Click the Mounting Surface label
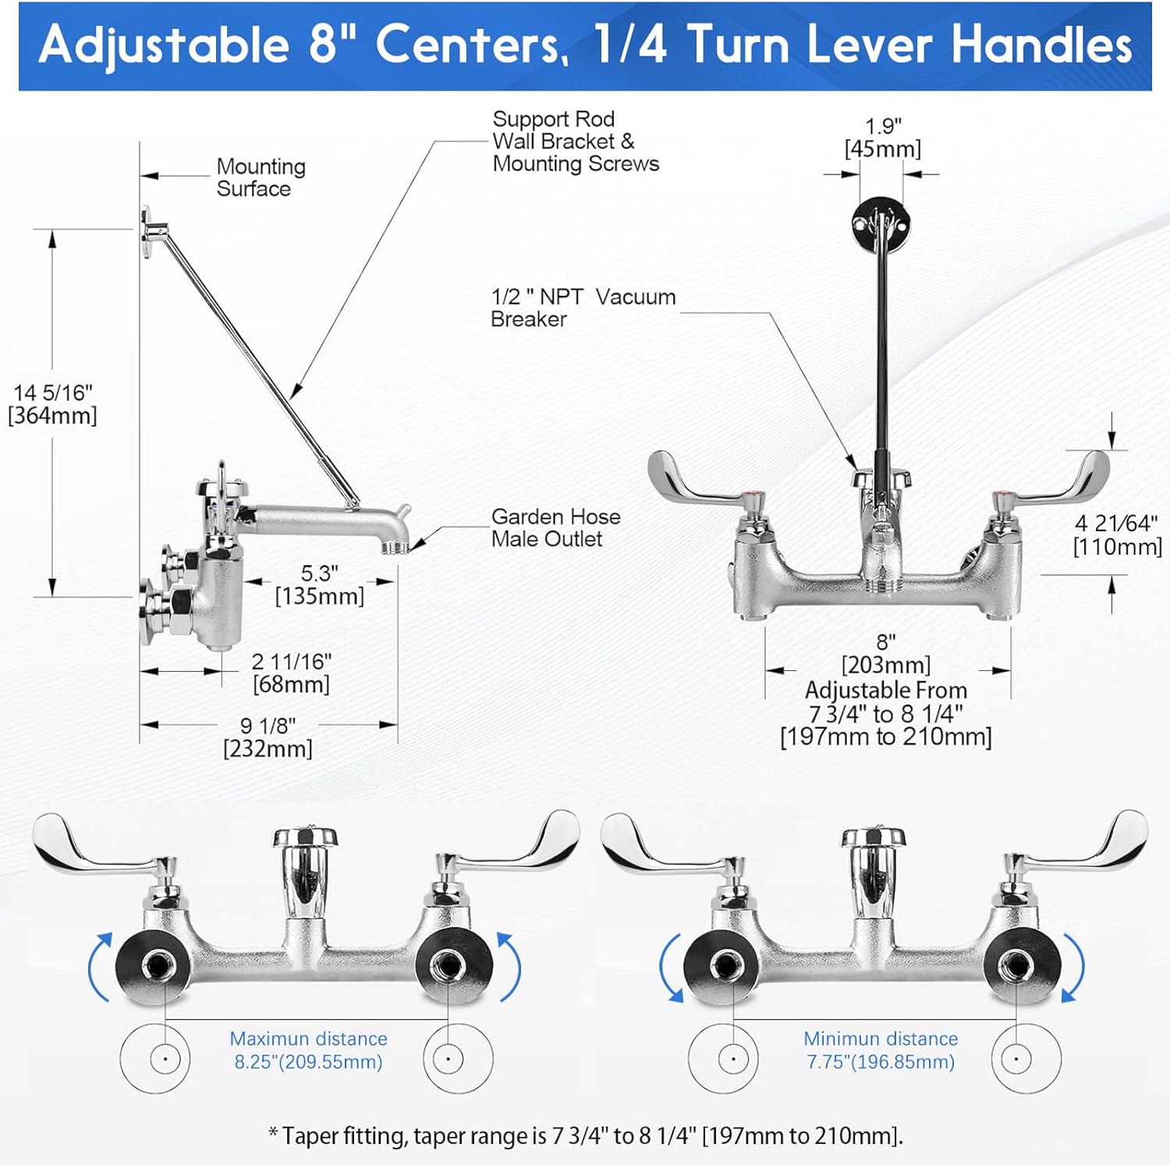coord(261,178)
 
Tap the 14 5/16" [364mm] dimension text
coord(52,404)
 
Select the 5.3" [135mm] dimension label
coord(320,585)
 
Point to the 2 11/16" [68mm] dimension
coord(291,673)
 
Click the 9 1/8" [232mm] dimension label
coord(268,737)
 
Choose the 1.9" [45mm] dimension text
coord(883,137)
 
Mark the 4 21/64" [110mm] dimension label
coord(1118,535)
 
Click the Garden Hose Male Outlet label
coord(555,527)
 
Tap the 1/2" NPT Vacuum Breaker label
coord(583,307)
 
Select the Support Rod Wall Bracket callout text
coord(576,141)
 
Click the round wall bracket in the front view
coord(881,221)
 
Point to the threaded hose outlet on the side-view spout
coord(396,547)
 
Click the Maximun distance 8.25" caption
coord(308,1050)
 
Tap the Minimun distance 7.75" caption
coord(881,1050)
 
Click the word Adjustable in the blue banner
coord(164,45)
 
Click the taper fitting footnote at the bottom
coord(585,1135)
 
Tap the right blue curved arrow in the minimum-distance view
coord(1075,968)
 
